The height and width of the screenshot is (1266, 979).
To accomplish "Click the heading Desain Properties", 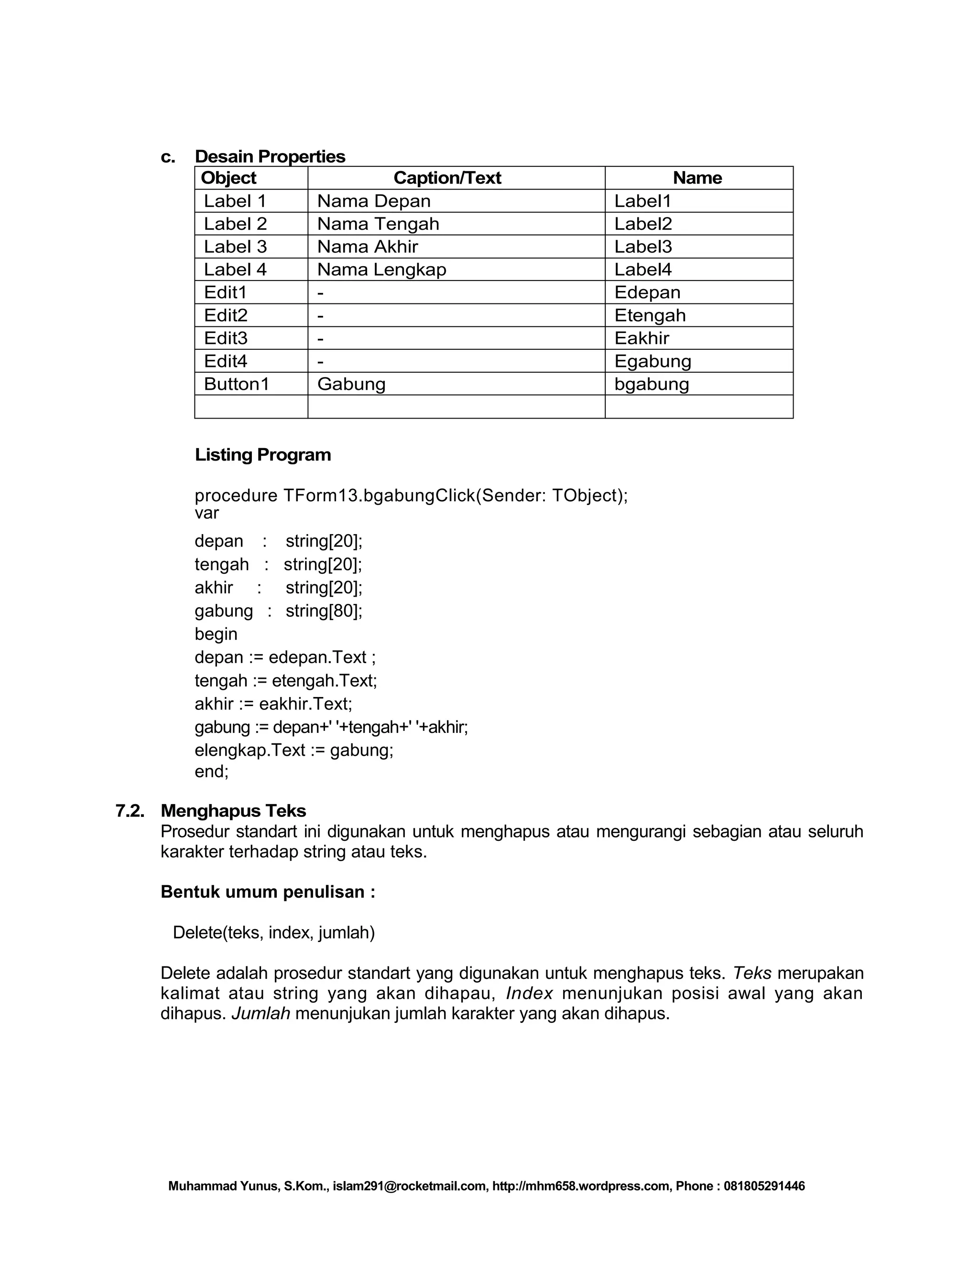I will coord(270,157).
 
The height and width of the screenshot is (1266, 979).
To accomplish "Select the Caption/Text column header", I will coord(447,178).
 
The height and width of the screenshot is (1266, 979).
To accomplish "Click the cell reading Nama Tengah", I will coord(378,224).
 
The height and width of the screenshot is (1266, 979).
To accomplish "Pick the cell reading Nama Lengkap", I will coord(381,269).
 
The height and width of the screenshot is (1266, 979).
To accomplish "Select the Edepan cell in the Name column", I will coord(647,292).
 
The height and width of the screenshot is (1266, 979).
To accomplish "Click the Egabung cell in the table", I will coord(653,361).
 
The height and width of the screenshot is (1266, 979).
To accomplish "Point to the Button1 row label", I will coord(237,384).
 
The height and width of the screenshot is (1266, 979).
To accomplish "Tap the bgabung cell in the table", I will coord(652,384).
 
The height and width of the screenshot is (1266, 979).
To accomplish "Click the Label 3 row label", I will coord(235,247).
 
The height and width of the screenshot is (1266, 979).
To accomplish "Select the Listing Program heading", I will coord(263,454).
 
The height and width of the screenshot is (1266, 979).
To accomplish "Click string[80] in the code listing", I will coord(324,611).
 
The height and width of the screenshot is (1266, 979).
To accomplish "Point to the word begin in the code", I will coord(216,633).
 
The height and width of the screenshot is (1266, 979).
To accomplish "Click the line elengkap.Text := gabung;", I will coord(294,750).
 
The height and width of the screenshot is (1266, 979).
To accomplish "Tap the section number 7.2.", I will coord(130,810).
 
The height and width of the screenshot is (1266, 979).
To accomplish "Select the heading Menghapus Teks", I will coord(233,810).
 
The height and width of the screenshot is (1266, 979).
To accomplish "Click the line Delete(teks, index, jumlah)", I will coord(274,932).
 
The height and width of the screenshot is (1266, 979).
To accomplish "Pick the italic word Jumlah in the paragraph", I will coord(261,1013).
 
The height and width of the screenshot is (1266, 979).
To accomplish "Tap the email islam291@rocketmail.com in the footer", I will coord(410,1186).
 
